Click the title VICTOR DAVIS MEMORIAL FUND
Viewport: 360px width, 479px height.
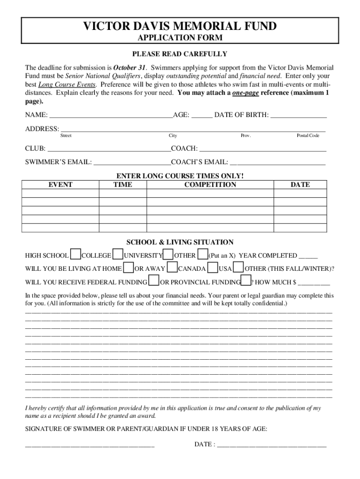pyautogui.click(x=180, y=27)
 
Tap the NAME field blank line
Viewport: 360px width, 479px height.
pyautogui.click(x=111, y=116)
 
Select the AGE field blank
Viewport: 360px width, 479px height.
pyautogui.click(x=202, y=116)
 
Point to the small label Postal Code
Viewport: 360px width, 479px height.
pyautogui.click(x=308, y=136)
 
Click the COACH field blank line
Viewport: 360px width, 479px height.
pyautogui.click(x=262, y=149)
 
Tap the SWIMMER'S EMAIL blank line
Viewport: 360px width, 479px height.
pyautogui.click(x=132, y=163)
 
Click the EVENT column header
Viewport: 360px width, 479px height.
pyautogui.click(x=60, y=185)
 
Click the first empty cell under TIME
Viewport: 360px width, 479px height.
pyautogui.click(x=122, y=193)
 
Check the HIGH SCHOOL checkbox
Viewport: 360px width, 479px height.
pyautogui.click(x=75, y=254)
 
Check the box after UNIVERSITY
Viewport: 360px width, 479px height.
pyautogui.click(x=168, y=254)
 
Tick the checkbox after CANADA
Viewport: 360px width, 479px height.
pyautogui.click(x=212, y=268)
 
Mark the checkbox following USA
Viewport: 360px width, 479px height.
pyautogui.click(x=238, y=268)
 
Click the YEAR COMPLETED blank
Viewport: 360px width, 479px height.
pyautogui.click(x=308, y=256)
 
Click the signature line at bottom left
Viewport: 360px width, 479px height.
pyautogui.click(x=89, y=445)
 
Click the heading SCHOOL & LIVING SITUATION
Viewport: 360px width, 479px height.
pyautogui.click(x=180, y=242)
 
